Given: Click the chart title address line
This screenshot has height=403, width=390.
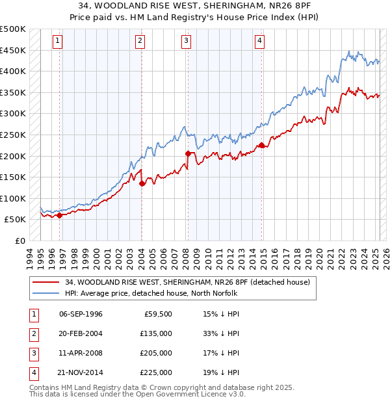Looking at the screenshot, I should (194, 8).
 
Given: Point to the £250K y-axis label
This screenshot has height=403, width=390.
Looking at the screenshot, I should (14, 135).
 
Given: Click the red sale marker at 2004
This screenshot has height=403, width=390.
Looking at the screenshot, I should (141, 183).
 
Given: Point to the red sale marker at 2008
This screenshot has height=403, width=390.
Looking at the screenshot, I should (187, 153).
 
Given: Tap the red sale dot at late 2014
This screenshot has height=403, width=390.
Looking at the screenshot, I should (261, 145).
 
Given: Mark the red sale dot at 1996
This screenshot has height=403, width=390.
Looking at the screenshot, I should (59, 215).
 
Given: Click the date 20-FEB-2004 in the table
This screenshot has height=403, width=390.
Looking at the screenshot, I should (81, 333).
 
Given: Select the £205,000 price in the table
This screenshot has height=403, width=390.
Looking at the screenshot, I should (156, 353).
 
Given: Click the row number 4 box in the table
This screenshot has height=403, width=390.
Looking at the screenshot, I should (32, 373).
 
